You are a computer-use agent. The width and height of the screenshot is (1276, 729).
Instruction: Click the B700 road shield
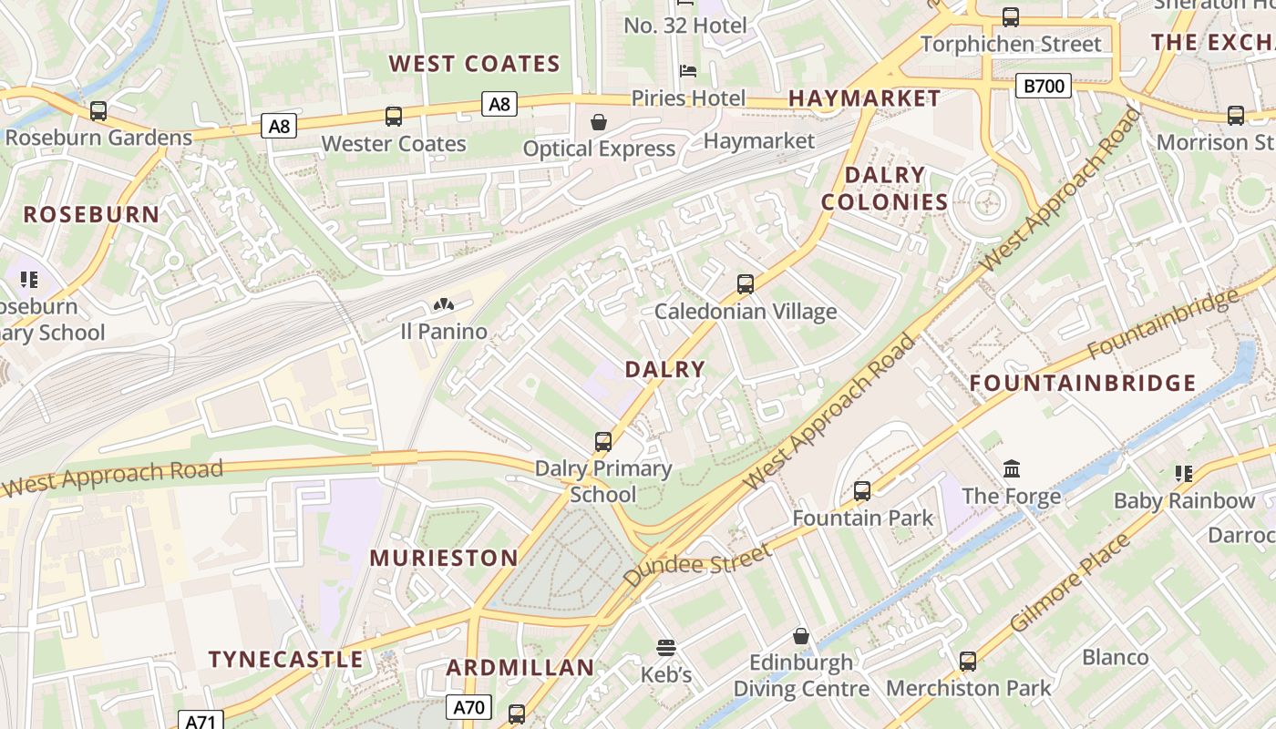pos(1044,87)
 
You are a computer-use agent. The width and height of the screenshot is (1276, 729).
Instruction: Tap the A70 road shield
pos(469,707)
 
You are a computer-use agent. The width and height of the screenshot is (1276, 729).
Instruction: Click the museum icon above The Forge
pos(1012,469)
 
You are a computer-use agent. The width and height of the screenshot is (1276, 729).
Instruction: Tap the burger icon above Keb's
pos(666,648)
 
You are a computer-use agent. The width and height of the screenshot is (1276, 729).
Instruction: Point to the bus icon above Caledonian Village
pos(746,284)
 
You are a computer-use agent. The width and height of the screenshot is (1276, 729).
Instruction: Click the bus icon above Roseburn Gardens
pos(98,111)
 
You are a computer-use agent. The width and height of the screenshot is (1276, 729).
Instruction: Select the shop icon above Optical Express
pos(599,122)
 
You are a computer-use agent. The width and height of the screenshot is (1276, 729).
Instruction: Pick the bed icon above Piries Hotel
pos(688,71)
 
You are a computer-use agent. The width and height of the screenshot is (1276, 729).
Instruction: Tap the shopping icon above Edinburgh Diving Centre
pos(801,635)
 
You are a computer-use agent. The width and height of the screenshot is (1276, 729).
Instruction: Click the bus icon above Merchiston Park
pos(968,661)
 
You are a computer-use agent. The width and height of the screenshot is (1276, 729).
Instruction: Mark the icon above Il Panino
pos(444,304)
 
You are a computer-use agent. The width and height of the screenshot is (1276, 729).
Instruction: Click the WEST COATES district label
pos(474,64)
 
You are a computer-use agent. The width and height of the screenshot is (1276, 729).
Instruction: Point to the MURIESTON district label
pos(444,558)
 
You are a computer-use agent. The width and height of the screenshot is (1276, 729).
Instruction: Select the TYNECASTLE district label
pos(286,660)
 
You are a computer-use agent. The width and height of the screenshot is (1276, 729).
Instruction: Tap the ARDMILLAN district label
pos(520,668)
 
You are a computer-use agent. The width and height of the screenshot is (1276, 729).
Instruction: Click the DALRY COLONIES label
pos(885,189)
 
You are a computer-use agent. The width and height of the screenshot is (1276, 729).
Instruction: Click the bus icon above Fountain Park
pos(862,491)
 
